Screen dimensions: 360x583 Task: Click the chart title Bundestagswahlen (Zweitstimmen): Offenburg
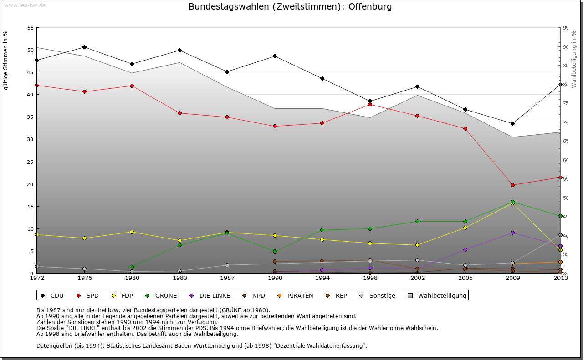[x=290, y=7]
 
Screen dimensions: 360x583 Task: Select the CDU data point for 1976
[x=84, y=47]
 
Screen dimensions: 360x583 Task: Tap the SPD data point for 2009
[x=512, y=185]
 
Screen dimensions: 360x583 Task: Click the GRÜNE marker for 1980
[x=132, y=267]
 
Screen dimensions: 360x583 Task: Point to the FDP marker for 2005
[x=465, y=228]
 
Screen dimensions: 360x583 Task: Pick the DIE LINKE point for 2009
[x=512, y=233]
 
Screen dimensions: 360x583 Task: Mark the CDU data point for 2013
[x=560, y=84]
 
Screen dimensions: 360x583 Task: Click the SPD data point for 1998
[x=370, y=104]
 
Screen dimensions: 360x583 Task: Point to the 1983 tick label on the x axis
[x=179, y=277]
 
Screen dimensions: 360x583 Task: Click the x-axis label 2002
[x=417, y=277]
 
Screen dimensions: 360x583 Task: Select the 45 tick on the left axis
[x=31, y=72]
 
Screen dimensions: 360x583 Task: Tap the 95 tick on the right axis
[x=566, y=28]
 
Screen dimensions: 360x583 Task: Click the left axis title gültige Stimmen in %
[x=6, y=60]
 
